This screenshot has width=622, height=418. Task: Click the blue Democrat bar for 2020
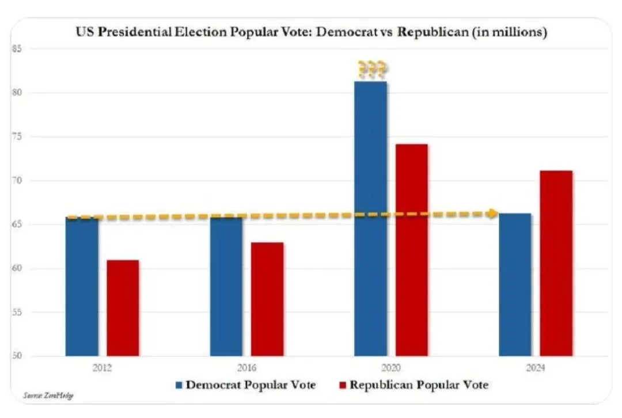click(370, 219)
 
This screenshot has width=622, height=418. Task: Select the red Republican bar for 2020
click(411, 250)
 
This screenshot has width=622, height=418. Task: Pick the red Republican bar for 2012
click(123, 308)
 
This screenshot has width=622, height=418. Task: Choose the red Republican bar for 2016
click(267, 299)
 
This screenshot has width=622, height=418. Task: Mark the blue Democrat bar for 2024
click(515, 284)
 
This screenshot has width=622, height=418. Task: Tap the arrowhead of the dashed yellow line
click(492, 214)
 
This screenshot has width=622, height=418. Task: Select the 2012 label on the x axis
click(102, 367)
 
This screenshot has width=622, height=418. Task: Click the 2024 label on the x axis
click(535, 367)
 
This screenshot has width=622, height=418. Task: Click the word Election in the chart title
click(200, 32)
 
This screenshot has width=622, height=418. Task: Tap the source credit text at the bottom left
click(49, 396)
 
